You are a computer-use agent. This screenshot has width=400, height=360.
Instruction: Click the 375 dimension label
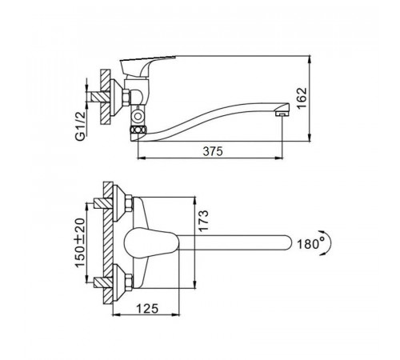click(x=213, y=151)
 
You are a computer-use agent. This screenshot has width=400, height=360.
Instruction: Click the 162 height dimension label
click(x=302, y=98)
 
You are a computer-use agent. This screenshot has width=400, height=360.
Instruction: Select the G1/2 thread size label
click(x=80, y=126)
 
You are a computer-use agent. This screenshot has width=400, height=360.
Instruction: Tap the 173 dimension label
click(x=203, y=222)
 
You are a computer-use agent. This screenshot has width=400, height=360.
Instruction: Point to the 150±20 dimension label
click(x=80, y=242)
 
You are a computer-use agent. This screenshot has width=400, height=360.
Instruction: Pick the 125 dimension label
click(x=147, y=309)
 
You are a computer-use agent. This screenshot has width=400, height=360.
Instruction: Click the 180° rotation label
click(x=311, y=243)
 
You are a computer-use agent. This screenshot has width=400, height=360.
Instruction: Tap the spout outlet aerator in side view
click(x=282, y=114)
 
